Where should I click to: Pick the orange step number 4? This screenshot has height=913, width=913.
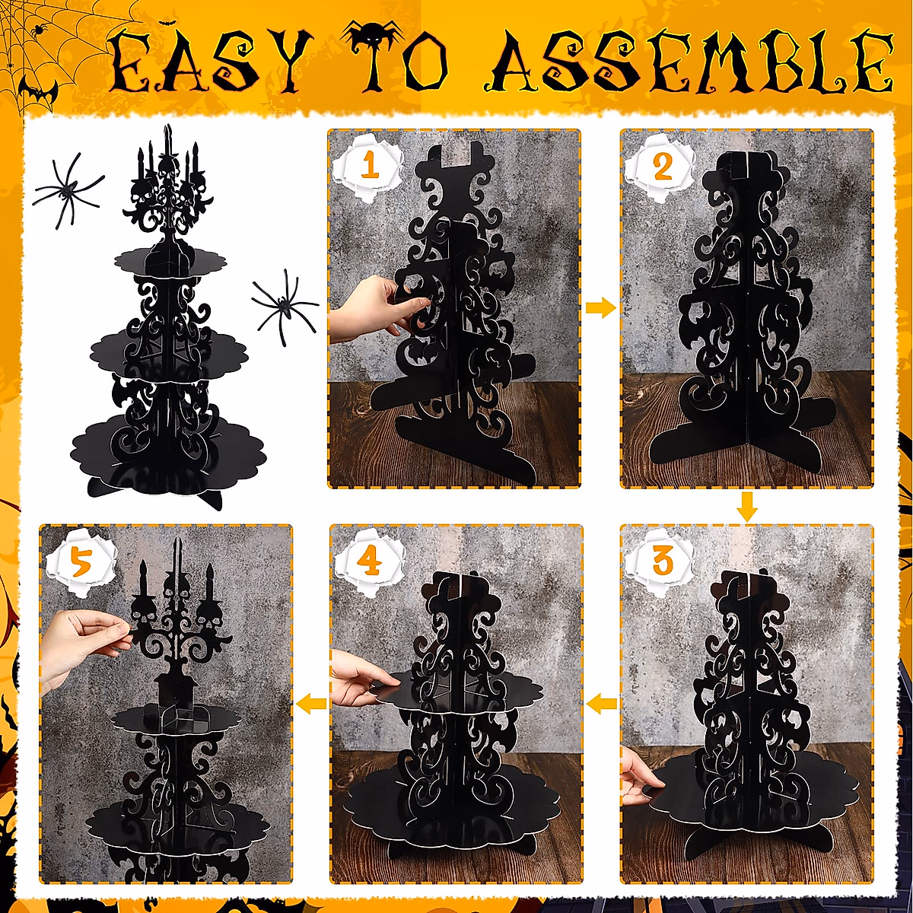click(370, 562)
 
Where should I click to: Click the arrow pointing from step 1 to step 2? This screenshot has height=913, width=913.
click(600, 308)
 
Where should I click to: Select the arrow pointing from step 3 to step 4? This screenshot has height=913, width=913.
click(601, 703)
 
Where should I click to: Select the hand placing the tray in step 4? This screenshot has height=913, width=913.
click(362, 678)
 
